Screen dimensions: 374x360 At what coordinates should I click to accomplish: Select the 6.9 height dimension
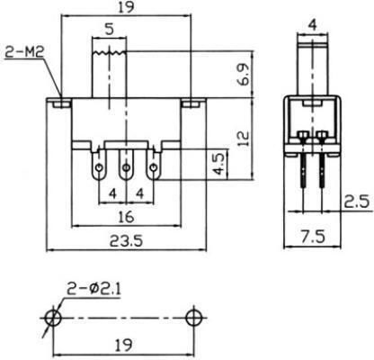pos(244,75)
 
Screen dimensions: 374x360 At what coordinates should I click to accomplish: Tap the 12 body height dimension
pos(244,138)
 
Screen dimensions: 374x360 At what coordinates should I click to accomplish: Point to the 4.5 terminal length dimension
pos(218,164)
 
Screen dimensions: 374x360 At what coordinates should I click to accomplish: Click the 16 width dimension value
pos(126,217)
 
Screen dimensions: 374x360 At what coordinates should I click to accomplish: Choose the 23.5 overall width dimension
pos(126,240)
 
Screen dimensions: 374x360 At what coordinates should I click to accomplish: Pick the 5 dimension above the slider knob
pos(110,30)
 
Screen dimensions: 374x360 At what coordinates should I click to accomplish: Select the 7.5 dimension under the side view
pos(313,237)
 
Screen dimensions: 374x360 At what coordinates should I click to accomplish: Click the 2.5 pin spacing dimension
pos(356,202)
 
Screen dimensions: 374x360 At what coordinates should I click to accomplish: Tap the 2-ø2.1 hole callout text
pos(93,290)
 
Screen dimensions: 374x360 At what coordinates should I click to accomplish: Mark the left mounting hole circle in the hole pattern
pos(53,318)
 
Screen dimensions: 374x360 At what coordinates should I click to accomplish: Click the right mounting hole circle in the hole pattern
pos(194,318)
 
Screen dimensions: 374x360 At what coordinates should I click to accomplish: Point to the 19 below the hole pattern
pos(124,346)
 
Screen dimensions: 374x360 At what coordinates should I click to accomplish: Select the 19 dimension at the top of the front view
pos(126,8)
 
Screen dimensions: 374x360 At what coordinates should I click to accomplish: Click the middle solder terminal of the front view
pos(126,166)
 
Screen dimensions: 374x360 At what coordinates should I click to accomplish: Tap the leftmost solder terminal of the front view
pos(99,166)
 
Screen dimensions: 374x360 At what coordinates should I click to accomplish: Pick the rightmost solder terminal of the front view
pos(154,166)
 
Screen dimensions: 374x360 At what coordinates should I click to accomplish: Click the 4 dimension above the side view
pos(313,25)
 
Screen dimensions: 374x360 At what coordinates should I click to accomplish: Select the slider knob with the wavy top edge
pos(110,74)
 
